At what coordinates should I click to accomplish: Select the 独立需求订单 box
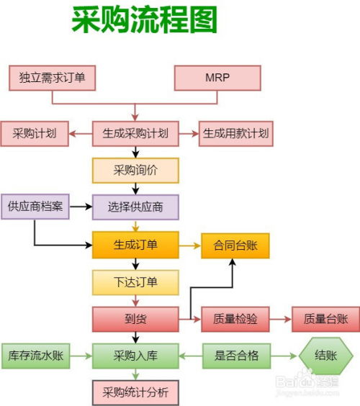point(52,78)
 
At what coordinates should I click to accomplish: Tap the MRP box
point(217,78)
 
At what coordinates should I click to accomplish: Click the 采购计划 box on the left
point(34,133)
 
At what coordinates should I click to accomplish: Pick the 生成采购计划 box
point(135,133)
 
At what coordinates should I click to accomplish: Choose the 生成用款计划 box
point(236,133)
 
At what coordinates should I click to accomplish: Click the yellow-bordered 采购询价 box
point(135,170)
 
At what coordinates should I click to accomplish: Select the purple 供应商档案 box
point(35,207)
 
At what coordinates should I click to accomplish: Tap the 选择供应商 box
point(135,207)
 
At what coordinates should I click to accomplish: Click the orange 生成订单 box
point(135,245)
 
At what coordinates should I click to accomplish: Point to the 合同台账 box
point(235,245)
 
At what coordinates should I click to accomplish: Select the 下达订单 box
point(135,281)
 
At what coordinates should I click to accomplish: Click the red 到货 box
point(135,318)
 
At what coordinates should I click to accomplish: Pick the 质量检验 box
point(235,318)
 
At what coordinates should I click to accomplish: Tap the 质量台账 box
point(325,318)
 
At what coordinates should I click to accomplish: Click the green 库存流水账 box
point(35,356)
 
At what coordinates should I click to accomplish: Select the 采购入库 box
point(135,356)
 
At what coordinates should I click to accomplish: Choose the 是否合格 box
point(235,356)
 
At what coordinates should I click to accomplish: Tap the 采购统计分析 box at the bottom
point(135,392)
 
